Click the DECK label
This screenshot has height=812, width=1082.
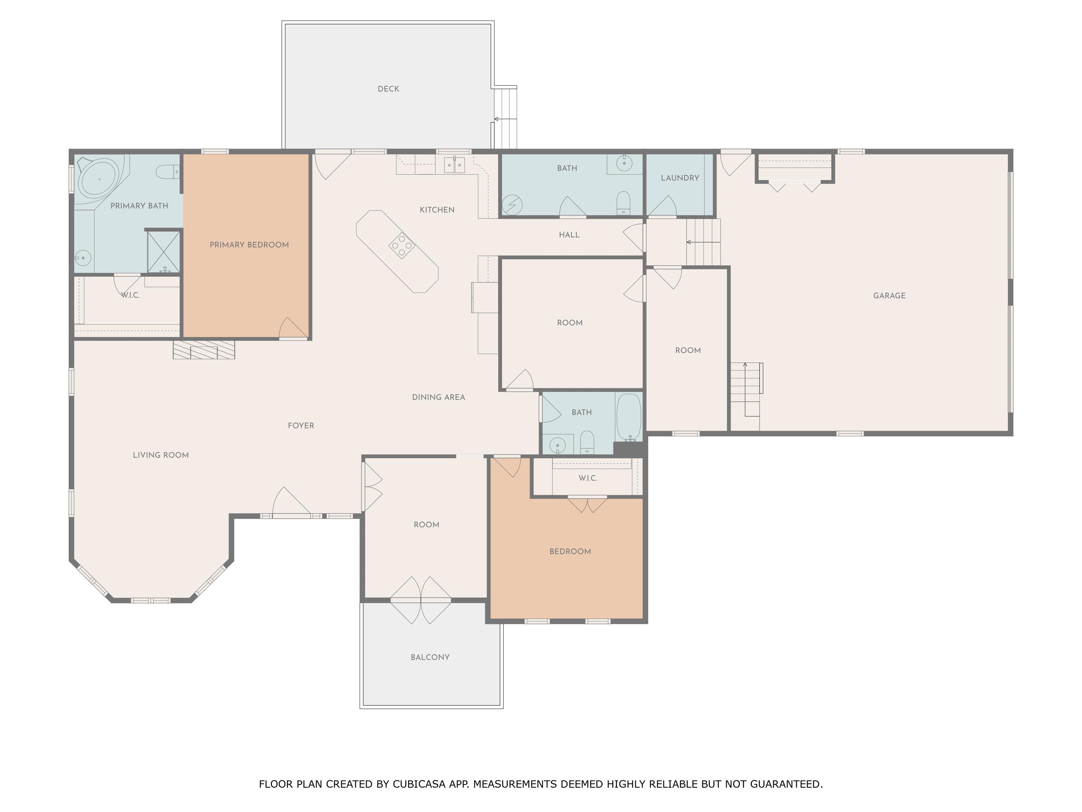coord(388,88)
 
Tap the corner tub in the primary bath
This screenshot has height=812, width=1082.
coord(99,179)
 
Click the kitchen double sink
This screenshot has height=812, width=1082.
coord(454,165)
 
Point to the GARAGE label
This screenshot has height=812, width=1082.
coord(889,296)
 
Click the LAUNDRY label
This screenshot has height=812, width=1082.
coord(680,178)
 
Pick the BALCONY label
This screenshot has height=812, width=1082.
coord(430,657)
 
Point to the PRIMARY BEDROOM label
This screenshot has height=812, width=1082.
coord(249,245)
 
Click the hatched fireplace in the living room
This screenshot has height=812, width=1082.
coord(204,350)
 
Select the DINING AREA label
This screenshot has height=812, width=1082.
coord(438,397)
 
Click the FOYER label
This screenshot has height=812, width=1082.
coord(301,425)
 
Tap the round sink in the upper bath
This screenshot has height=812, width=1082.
coord(624,163)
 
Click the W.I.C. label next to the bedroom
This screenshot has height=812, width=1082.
coord(588,478)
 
